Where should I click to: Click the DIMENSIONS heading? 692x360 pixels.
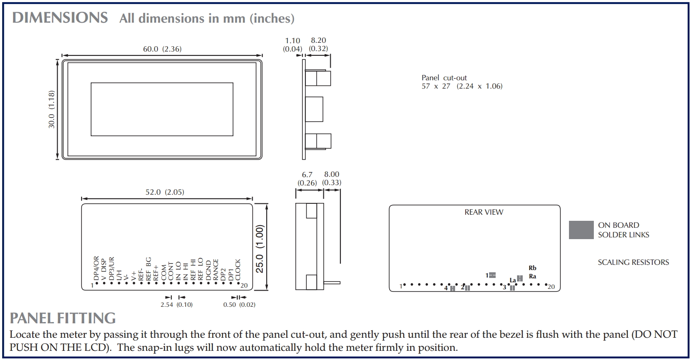pyautogui.click(x=60, y=18)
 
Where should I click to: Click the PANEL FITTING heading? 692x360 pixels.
pyautogui.click(x=63, y=318)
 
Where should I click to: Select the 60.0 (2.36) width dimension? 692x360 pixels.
pyautogui.click(x=162, y=49)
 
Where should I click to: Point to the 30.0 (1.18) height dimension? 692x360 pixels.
pyautogui.click(x=51, y=109)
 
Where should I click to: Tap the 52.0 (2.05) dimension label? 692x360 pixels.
pyautogui.click(x=164, y=192)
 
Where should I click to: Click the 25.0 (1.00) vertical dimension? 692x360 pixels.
pyautogui.click(x=260, y=249)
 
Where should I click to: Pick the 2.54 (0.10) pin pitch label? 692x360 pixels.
pyautogui.click(x=176, y=305)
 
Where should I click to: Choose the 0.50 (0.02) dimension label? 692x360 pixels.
pyautogui.click(x=239, y=305)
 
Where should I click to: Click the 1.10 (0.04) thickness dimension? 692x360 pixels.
pyautogui.click(x=292, y=45)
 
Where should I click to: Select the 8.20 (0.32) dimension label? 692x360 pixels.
pyautogui.click(x=319, y=45)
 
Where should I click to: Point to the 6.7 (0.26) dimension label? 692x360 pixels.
pyautogui.click(x=307, y=179)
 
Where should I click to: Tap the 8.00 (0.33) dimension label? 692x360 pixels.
pyautogui.click(x=332, y=179)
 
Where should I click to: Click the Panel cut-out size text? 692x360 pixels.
pyautogui.click(x=462, y=82)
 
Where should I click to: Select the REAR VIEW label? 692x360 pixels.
pyautogui.click(x=483, y=212)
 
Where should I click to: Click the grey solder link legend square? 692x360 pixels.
pyautogui.click(x=581, y=230)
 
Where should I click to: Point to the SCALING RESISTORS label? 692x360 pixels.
pyautogui.click(x=633, y=262)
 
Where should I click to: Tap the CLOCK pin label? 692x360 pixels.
pyautogui.click(x=238, y=270)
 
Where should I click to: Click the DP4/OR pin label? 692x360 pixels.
pyautogui.click(x=96, y=268)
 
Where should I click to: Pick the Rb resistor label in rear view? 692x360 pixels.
pyautogui.click(x=532, y=268)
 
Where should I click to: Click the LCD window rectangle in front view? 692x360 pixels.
pyautogui.click(x=162, y=109)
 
